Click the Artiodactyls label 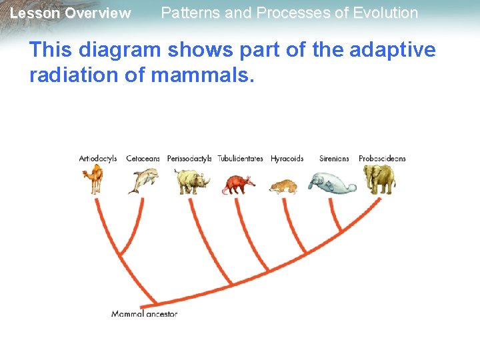97,159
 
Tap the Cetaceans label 143,159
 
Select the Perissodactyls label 189,159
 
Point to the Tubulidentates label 241,159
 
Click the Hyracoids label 287,159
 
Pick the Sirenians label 333,159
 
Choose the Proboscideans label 381,159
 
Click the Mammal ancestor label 144,313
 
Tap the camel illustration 93,179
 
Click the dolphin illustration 143,180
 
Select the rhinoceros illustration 191,181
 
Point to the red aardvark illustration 238,184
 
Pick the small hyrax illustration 283,187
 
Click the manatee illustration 331,183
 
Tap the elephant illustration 379,179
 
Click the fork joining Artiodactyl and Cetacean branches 120,255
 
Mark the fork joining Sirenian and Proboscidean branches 341,231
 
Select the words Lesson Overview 70,13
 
